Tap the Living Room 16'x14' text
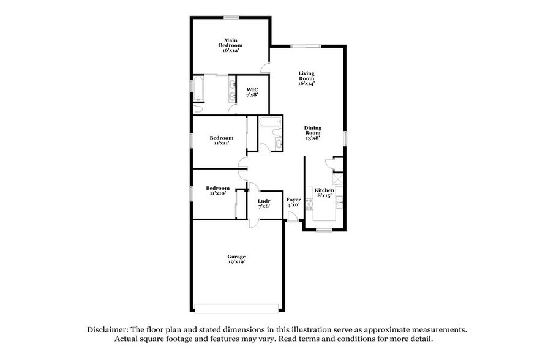pos(306,78)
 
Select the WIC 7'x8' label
pos(252,92)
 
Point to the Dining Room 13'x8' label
pos(313,133)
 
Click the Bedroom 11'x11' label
pos(222,140)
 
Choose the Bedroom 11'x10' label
pos(218,190)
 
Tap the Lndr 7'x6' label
pos(264,204)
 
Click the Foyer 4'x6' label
pos(293,202)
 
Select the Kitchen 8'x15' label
pos(324,193)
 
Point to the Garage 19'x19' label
pos(236,259)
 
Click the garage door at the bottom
pos(236,309)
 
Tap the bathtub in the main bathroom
pos(198,89)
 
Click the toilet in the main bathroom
pos(197,110)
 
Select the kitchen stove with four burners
pos(309,204)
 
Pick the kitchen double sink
pos(340,203)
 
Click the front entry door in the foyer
pos(293,218)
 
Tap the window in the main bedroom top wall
pos(231,17)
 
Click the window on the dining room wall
pos(345,138)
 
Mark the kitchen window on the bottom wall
pos(324,230)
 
